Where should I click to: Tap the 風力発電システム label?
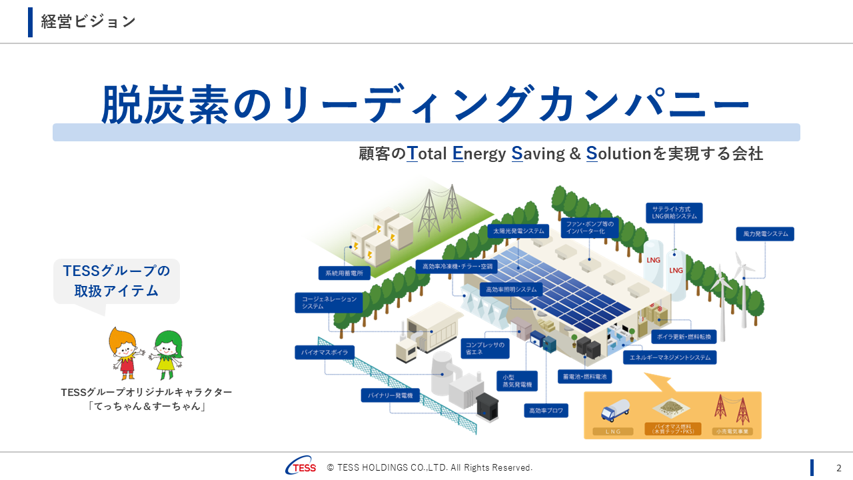pyautogui.click(x=764, y=234)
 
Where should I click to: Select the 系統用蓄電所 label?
pyautogui.click(x=345, y=273)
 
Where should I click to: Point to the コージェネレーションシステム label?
pyautogui.click(x=329, y=303)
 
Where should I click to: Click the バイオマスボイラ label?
pyautogui.click(x=325, y=352)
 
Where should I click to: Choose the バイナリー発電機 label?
pyautogui.click(x=391, y=395)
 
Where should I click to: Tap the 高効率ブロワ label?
pyautogui.click(x=546, y=411)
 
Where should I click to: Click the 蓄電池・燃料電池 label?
pyautogui.click(x=584, y=377)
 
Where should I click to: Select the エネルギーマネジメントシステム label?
pyautogui.click(x=670, y=357)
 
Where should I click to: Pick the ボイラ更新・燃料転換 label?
pyautogui.click(x=684, y=336)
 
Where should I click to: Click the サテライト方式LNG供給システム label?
pyautogui.click(x=674, y=213)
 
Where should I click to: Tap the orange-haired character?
pyautogui.click(x=125, y=353)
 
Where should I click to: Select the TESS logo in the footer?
pyautogui.click(x=301, y=467)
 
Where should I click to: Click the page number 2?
pyautogui.click(x=839, y=468)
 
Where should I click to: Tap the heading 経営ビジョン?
pyautogui.click(x=88, y=21)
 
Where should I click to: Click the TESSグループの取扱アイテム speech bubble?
pyautogui.click(x=117, y=281)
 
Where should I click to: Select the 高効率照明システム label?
pyautogui.click(x=511, y=290)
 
